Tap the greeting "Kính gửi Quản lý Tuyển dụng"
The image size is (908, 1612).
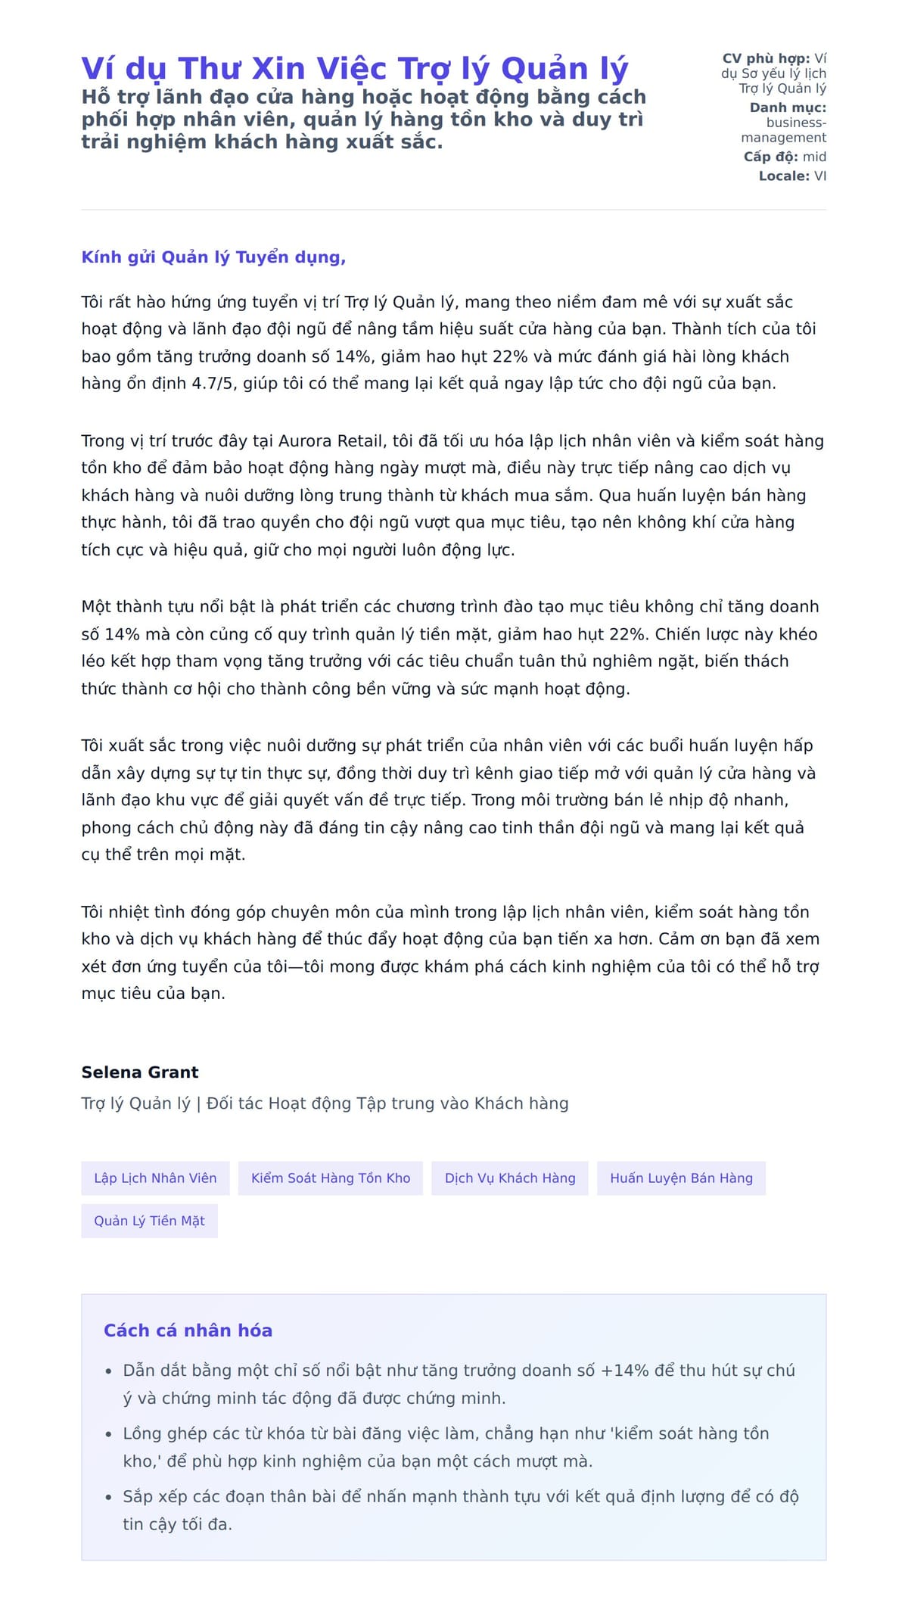tap(213, 257)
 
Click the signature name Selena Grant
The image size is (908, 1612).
tap(140, 1072)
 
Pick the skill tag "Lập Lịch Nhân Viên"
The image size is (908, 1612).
tap(155, 1178)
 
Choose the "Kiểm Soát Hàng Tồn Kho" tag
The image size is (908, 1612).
tap(331, 1178)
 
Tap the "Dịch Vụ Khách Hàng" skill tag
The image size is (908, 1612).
tap(510, 1178)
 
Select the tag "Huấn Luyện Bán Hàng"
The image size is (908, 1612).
tap(681, 1178)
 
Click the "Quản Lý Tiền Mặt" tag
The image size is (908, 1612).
tap(149, 1221)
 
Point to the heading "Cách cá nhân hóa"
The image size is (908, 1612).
tap(188, 1330)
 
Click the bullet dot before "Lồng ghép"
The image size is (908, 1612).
tap(108, 1434)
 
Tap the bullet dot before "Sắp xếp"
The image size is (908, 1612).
tap(108, 1497)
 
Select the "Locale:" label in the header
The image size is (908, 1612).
tap(784, 176)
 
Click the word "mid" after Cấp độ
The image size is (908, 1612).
tap(814, 157)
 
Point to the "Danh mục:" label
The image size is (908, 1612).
tap(788, 107)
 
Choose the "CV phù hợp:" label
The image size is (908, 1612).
tap(766, 58)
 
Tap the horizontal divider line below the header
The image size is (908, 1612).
tap(454, 210)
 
